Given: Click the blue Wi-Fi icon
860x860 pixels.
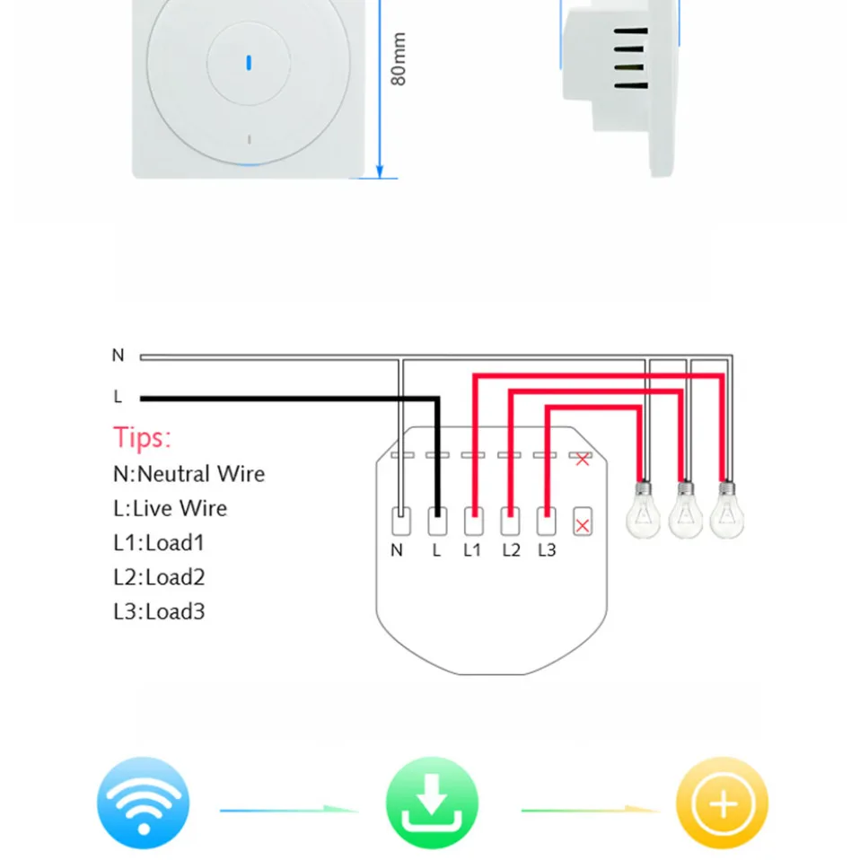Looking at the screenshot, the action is coord(144,803).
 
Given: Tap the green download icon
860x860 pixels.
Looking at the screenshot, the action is coord(433,803).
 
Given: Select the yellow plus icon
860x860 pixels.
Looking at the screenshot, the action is coord(722,803).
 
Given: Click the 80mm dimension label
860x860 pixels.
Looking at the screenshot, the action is coord(399,59).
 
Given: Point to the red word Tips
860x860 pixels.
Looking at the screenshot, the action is coord(142,438).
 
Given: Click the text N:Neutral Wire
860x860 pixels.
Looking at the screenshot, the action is coord(189,474).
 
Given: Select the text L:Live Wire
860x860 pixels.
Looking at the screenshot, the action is coord(170,508).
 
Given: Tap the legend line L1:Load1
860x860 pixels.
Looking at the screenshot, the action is coord(159,542).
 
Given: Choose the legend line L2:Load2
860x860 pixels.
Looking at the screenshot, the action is coord(159,577).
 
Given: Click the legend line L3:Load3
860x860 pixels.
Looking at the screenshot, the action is coord(159,612).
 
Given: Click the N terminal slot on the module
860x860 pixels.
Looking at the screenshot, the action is coord(400,522).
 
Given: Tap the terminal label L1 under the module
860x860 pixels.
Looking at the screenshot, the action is coord(472,550).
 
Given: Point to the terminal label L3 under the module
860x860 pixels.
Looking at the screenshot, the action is coord(547,550).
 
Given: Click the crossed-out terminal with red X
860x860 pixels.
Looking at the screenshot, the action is coord(583,522).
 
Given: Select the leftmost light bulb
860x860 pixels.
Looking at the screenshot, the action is coord(642,512).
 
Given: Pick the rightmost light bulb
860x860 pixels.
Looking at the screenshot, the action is coord(726,512).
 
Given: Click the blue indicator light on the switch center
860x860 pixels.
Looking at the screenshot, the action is coord(249,64).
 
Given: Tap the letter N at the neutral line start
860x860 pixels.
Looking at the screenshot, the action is coord(118,355).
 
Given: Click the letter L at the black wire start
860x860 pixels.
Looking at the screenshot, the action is coord(118,397).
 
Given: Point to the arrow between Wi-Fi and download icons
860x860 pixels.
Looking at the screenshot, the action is coord(289,810).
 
